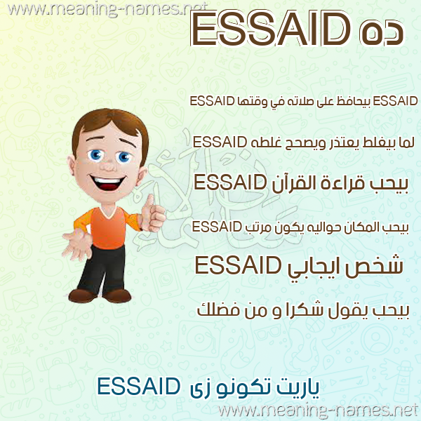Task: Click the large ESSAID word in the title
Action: click(270, 29)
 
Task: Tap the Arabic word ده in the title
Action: click(381, 32)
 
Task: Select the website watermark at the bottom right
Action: click(319, 410)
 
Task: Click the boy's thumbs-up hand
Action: click(152, 213)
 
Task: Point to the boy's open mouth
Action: click(107, 182)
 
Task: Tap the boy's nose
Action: click(108, 166)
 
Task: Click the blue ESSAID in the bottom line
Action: click(138, 387)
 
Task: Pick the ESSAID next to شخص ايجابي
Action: click(238, 265)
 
